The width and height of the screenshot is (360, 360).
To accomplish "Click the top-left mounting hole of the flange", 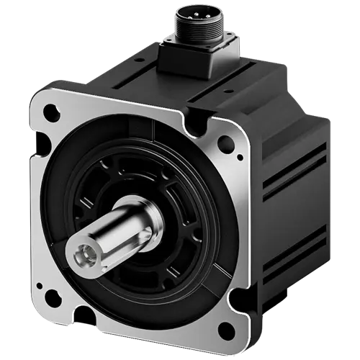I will point(51,112).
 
